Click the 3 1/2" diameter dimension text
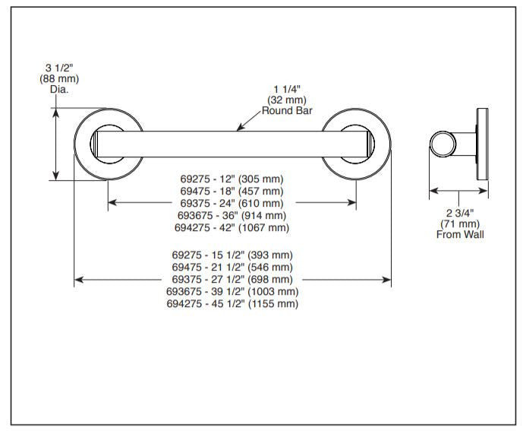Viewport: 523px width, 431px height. [x=59, y=68]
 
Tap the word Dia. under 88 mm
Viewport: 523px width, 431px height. [x=59, y=90]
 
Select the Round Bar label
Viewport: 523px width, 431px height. [x=287, y=110]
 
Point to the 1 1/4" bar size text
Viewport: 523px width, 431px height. [x=287, y=89]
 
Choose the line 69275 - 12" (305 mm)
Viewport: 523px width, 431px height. [x=232, y=179]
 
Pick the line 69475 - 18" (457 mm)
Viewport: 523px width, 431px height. [x=232, y=191]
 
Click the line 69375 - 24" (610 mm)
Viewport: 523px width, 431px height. [x=232, y=203]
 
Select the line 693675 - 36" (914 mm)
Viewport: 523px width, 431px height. [x=232, y=216]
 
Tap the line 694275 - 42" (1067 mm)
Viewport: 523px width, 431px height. [x=232, y=227]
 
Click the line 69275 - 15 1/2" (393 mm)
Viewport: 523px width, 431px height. [x=232, y=255]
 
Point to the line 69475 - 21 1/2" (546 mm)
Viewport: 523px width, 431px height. [x=232, y=268]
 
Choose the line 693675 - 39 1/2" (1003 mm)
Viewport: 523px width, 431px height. [x=232, y=291]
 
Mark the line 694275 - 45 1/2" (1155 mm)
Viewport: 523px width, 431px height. [x=232, y=304]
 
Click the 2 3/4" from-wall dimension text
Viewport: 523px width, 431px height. [x=460, y=213]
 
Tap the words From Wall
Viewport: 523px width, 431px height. [x=460, y=234]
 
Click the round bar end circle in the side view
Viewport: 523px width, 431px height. [x=443, y=144]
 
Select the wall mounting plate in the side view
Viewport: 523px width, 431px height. [x=482, y=144]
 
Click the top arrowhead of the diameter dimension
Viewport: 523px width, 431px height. [x=55, y=113]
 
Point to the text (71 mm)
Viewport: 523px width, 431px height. [x=460, y=223]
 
